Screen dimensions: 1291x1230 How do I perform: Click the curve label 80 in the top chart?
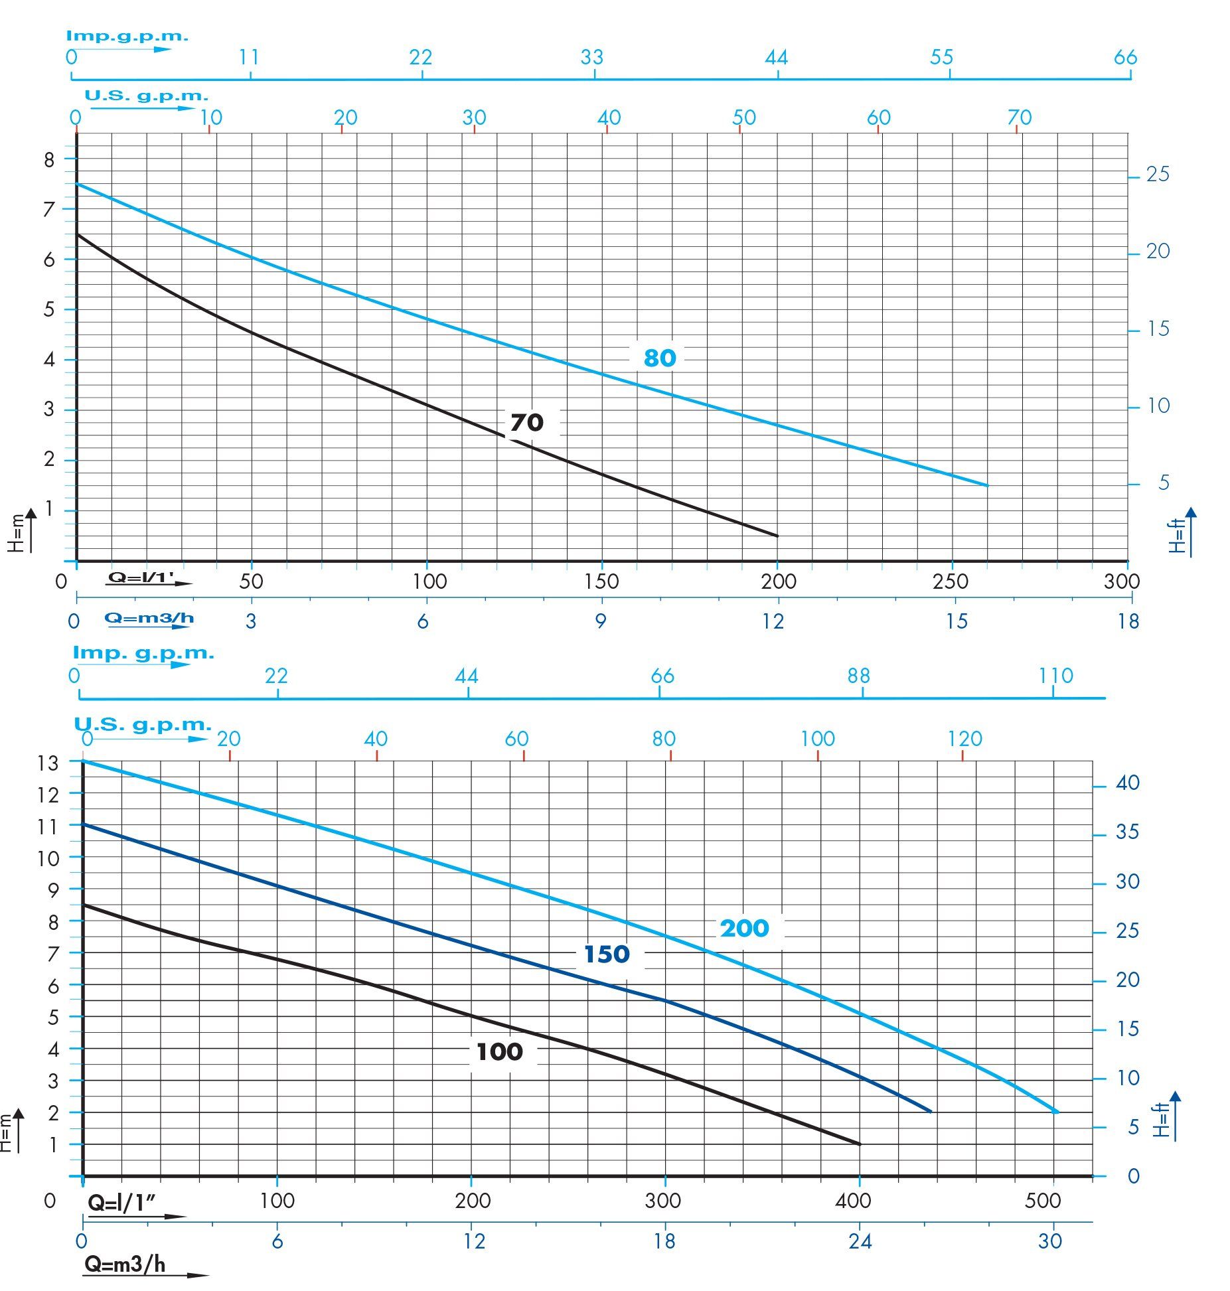(x=659, y=358)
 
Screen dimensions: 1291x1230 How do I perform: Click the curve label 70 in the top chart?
(x=526, y=422)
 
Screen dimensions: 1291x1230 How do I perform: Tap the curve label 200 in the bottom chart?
(x=744, y=928)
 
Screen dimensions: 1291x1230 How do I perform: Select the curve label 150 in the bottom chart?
(x=606, y=954)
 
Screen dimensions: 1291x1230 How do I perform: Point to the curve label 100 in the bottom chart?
(x=499, y=1051)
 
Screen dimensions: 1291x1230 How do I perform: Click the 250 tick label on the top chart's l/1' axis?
(x=950, y=581)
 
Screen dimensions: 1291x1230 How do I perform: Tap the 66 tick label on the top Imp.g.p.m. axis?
(x=1125, y=58)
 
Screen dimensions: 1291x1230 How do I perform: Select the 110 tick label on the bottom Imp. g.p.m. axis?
(x=1055, y=676)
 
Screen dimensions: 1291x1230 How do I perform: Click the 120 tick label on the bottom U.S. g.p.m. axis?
(x=964, y=738)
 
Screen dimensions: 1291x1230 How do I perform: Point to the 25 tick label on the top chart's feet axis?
(x=1158, y=175)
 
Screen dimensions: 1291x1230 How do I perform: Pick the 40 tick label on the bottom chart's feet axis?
(x=1128, y=783)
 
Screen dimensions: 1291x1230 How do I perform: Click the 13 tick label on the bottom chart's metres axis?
(x=48, y=763)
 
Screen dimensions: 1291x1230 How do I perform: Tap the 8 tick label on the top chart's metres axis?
(x=49, y=159)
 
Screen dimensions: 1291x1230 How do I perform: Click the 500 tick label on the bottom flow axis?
(x=1043, y=1200)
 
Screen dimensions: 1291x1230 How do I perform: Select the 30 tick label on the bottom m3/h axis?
(x=1049, y=1241)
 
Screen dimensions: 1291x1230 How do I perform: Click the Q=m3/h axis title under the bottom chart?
(x=125, y=1264)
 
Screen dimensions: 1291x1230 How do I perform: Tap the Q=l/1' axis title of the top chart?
(x=141, y=578)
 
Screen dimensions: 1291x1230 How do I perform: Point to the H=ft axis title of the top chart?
(x=1178, y=535)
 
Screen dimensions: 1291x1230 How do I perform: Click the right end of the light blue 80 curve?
(x=987, y=485)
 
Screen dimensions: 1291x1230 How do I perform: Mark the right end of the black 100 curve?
(x=860, y=1144)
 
